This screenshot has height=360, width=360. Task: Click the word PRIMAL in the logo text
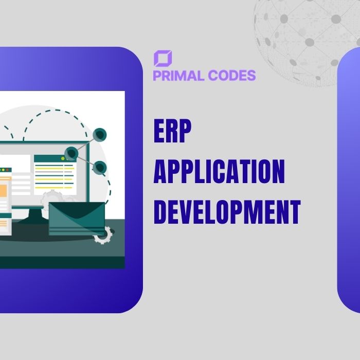pyautogui.click(x=178, y=76)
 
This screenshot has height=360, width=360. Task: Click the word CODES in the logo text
pyautogui.click(x=231, y=76)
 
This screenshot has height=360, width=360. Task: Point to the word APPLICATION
pyautogui.click(x=219, y=172)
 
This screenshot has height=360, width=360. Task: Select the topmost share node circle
pyautogui.click(x=100, y=135)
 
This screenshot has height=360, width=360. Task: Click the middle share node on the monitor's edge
pyautogui.click(x=71, y=153)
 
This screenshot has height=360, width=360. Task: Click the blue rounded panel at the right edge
pyautogui.click(x=350, y=180)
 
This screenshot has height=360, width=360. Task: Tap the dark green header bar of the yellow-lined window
pyautogui.click(x=55, y=158)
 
